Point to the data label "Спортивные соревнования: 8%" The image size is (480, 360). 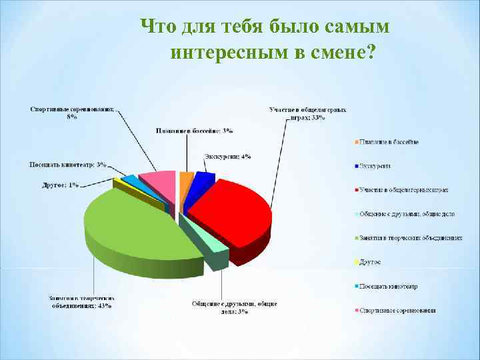coord(73,113)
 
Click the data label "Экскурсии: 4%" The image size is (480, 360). coord(227,156)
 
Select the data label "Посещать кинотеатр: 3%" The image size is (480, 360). coord(68,164)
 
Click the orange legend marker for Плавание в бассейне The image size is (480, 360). coord(356,142)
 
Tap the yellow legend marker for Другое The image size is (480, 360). coord(356,262)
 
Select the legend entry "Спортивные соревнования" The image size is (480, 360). coord(397,311)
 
